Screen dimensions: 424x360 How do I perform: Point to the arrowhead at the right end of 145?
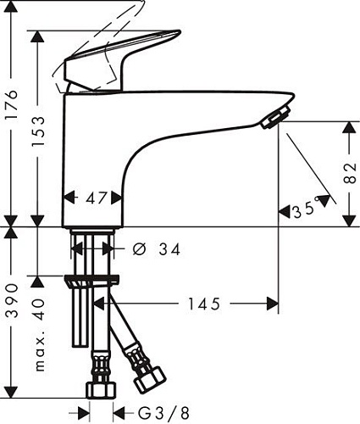pos(272,303)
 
